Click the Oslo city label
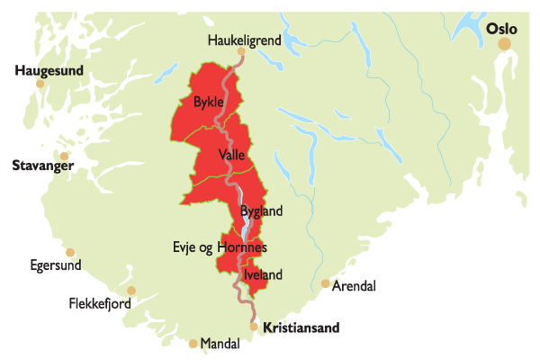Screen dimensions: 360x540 click(x=501, y=29)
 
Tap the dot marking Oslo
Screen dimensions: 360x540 click(x=505, y=44)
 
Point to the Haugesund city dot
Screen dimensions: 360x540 click(x=40, y=84)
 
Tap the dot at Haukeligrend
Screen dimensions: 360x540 click(x=240, y=52)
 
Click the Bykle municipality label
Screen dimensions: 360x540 click(x=208, y=103)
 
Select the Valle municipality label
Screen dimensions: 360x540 click(x=231, y=155)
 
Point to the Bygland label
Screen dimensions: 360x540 click(x=262, y=211)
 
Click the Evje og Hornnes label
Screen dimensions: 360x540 click(x=220, y=247)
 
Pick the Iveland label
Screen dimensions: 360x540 click(x=264, y=274)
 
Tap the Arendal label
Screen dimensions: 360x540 click(x=354, y=286)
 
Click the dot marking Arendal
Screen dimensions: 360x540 click(x=325, y=283)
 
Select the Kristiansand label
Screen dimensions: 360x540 click(x=301, y=328)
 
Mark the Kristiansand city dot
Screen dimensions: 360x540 click(x=255, y=327)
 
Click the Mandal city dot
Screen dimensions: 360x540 click(x=193, y=343)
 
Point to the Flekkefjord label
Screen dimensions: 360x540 click(x=100, y=304)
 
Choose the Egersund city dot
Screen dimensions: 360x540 click(x=70, y=253)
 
